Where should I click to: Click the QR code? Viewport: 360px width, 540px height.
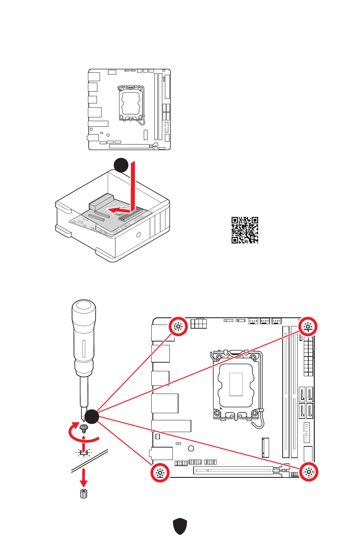pos(245,230)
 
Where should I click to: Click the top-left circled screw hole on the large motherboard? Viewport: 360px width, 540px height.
pos(178,326)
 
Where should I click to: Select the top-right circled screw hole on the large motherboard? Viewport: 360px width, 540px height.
pos(308,326)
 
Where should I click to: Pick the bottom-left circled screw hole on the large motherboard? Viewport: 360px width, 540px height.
pos(160,472)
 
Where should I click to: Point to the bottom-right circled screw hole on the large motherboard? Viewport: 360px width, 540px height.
pos(309,472)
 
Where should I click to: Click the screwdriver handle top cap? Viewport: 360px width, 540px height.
pos(84,306)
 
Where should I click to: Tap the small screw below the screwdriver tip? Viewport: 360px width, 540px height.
pos(84,428)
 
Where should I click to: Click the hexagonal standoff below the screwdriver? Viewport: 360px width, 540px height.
pos(84,493)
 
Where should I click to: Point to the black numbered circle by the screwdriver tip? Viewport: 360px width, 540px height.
pos(91,416)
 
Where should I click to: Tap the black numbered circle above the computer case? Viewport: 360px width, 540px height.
pos(121,165)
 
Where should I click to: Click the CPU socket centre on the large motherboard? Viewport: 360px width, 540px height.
pos(236,384)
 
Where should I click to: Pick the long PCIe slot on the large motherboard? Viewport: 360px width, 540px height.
pos(234,470)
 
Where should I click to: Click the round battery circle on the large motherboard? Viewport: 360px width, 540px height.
pos(191,448)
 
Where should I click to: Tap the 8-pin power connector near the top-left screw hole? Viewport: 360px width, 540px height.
pos(199,324)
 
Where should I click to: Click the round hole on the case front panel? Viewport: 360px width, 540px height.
pos(138,235)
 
